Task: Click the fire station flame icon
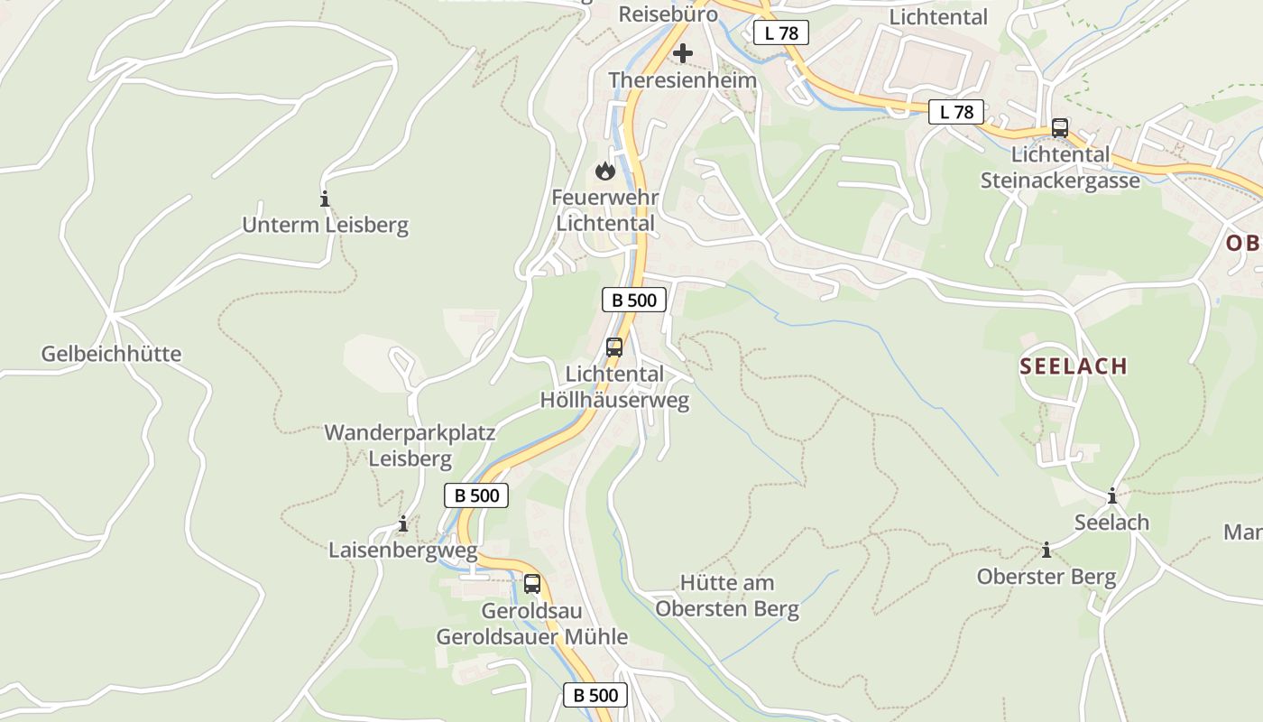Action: click(604, 170)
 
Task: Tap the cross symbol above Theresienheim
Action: click(683, 53)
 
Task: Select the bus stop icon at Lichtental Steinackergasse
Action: click(1060, 128)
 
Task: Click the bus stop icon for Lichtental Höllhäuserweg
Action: click(614, 347)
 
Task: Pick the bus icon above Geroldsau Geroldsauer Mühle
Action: click(532, 583)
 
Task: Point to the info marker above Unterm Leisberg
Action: click(325, 199)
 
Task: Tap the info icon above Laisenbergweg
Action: click(403, 523)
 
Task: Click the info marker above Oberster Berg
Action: click(1046, 550)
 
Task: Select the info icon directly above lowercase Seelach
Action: click(1112, 495)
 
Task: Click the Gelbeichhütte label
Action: click(111, 354)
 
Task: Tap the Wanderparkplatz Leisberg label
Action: click(410, 445)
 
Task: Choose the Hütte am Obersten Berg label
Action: click(727, 596)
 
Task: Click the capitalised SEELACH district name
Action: click(1074, 366)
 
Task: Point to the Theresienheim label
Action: click(682, 80)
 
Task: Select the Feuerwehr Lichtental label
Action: click(604, 209)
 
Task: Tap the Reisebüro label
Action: click(668, 14)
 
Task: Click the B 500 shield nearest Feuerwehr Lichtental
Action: click(633, 300)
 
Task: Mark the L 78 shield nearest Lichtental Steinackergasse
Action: click(956, 112)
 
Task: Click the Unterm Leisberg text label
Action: click(325, 225)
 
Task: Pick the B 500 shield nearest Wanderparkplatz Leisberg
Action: click(476, 495)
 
